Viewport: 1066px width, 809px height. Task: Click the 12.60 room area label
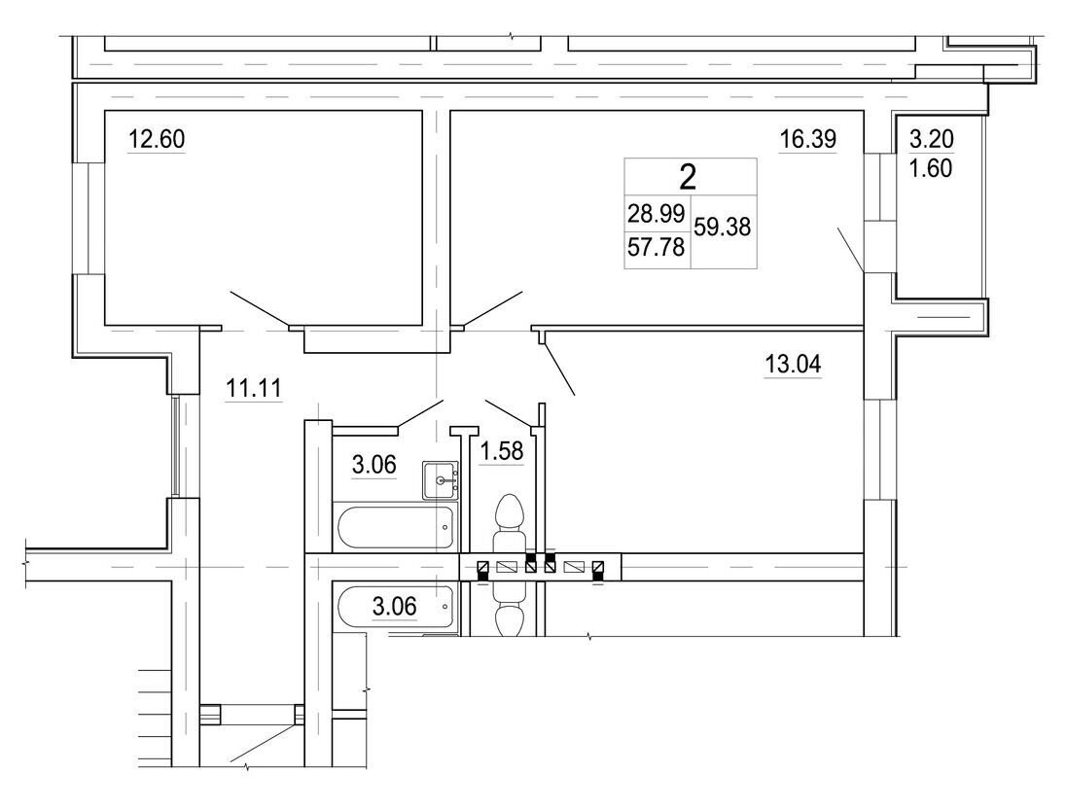point(157,139)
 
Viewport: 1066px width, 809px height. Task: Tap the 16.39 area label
point(807,139)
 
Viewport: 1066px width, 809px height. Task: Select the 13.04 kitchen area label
point(793,365)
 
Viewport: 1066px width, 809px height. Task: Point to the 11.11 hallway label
point(253,389)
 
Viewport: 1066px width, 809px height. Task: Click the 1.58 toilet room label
point(502,451)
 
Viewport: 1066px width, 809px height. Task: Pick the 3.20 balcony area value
point(932,139)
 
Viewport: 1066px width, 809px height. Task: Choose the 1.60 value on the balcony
point(932,168)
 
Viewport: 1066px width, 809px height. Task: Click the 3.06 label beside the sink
point(373,465)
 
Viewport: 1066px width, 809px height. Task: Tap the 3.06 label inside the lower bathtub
point(394,606)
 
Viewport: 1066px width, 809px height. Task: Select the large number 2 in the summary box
point(688,178)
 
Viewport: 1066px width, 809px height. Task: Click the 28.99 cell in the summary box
point(657,214)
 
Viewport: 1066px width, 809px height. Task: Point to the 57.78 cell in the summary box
point(657,247)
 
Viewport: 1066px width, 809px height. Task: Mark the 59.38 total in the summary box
point(722,228)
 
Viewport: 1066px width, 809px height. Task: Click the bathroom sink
point(440,480)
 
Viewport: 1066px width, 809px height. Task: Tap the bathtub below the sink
point(395,527)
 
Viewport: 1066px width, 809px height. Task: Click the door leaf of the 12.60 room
point(260,309)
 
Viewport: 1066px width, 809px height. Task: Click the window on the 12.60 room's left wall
point(89,218)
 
